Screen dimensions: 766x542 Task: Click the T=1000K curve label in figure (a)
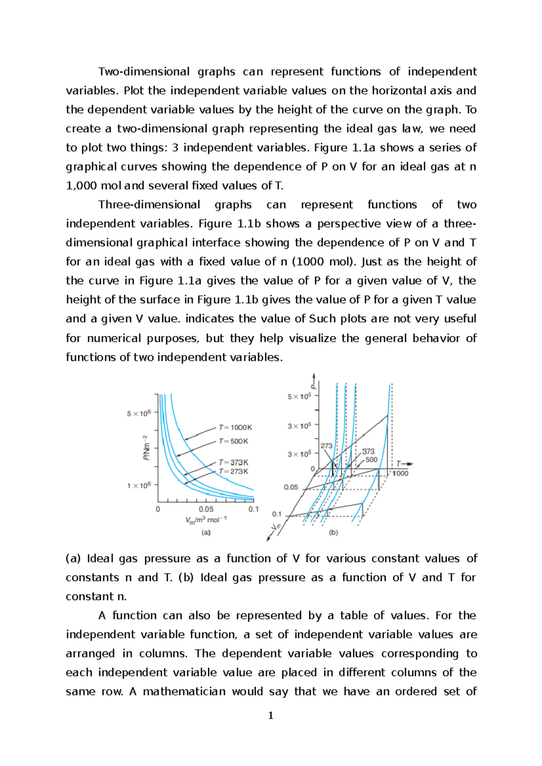[235, 427]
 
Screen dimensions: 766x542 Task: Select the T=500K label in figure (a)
[234, 441]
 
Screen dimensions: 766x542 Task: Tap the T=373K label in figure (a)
[234, 462]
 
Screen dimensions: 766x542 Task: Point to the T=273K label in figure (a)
[234, 471]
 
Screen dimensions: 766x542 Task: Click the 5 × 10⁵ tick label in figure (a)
[139, 413]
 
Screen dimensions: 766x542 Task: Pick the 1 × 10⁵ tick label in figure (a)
[139, 485]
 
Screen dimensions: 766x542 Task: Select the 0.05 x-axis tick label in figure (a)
[206, 509]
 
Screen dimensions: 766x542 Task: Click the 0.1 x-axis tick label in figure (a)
[253, 509]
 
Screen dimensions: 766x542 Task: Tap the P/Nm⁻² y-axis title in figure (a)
[146, 448]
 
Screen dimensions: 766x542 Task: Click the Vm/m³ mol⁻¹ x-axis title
[206, 520]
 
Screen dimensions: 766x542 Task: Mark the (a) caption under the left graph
[206, 533]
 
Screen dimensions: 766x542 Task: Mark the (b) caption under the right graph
[333, 533]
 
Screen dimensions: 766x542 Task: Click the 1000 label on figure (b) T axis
[400, 473]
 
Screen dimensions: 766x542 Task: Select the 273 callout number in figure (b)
[327, 446]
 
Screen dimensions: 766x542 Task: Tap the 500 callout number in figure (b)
[371, 460]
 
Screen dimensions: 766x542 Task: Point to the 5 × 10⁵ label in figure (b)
[299, 397]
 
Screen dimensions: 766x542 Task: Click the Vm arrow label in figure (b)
[276, 527]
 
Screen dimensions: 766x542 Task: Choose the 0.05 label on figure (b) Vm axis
[291, 487]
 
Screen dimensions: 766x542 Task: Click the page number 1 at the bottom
[271, 715]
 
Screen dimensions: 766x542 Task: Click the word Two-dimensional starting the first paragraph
[144, 72]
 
